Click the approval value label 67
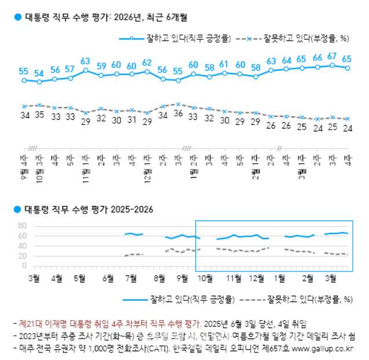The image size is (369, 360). (x=332, y=56)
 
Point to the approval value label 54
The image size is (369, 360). (x=39, y=73)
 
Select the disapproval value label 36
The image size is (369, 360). (x=178, y=113)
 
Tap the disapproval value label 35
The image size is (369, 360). (x=39, y=115)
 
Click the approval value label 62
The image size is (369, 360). (x=147, y=63)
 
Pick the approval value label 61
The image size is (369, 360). (x=224, y=64)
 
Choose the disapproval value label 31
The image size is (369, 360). (x=131, y=120)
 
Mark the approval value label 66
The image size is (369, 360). (x=317, y=58)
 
